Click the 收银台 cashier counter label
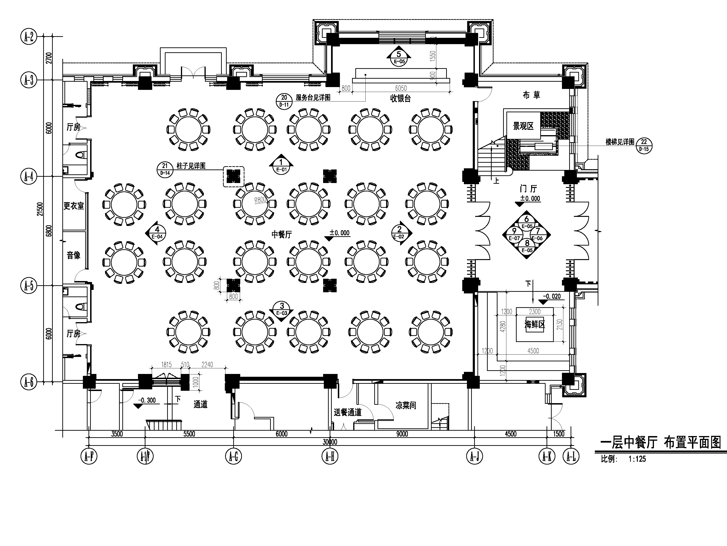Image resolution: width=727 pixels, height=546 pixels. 400,98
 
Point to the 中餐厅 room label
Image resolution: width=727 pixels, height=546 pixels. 282,234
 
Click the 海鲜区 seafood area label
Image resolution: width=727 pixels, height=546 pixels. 535,325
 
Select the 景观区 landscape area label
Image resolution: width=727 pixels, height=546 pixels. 523,126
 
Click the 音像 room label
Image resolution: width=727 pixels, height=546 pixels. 74,255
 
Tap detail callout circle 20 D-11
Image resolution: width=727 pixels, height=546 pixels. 284,101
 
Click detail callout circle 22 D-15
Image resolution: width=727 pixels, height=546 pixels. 644,145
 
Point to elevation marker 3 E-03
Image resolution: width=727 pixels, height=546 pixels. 282,311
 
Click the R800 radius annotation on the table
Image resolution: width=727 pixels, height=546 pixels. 260,200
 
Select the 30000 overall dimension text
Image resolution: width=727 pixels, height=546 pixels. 330,442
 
